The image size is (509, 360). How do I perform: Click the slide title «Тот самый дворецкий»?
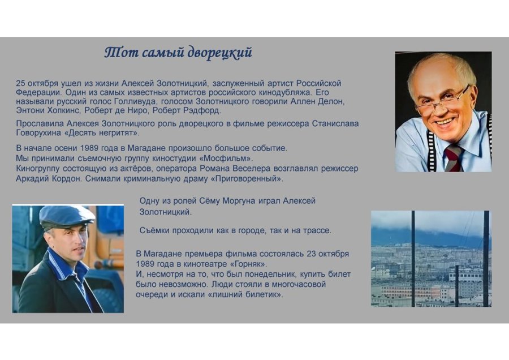pyautogui.click(x=178, y=53)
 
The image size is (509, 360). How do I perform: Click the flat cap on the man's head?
pyautogui.click(x=66, y=215)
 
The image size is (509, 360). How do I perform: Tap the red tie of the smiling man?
pyautogui.click(x=452, y=157)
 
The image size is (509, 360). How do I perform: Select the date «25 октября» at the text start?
pyautogui.click(x=37, y=83)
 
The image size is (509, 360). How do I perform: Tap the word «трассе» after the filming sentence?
pyautogui.click(x=318, y=230)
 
